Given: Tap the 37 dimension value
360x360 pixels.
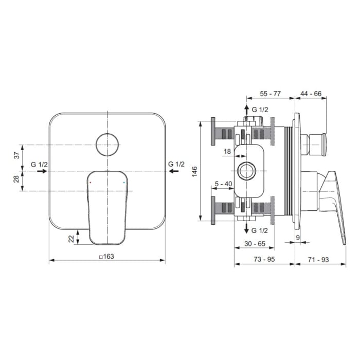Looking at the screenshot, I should click(x=16, y=154).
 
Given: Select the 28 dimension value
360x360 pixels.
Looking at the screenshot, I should click(x=16, y=179).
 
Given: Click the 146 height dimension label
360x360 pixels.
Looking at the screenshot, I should click(x=194, y=171).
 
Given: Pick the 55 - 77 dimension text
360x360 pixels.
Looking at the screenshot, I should click(x=270, y=94).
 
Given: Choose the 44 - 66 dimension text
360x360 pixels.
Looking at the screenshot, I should click(x=311, y=94).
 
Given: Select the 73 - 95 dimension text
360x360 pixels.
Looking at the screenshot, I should click(x=264, y=259).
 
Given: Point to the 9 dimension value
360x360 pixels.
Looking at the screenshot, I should click(x=298, y=237).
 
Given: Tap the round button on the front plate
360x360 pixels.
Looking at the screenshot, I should click(x=107, y=144).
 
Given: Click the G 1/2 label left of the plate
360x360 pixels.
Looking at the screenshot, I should click(x=39, y=164).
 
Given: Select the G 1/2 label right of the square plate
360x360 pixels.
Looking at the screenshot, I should click(x=176, y=164).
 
